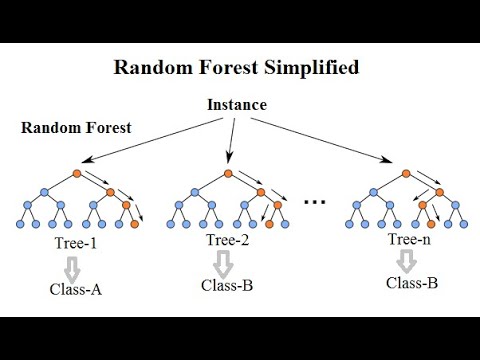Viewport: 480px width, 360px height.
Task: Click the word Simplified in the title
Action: (307, 69)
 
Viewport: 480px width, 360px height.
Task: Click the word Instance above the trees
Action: (236, 105)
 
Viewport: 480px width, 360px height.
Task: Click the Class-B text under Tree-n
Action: (412, 283)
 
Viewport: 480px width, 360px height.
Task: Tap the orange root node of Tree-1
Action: (78, 176)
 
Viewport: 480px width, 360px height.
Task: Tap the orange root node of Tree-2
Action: (229, 176)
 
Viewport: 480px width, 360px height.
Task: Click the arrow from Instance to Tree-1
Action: (150, 140)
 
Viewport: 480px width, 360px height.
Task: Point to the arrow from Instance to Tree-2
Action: (232, 140)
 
